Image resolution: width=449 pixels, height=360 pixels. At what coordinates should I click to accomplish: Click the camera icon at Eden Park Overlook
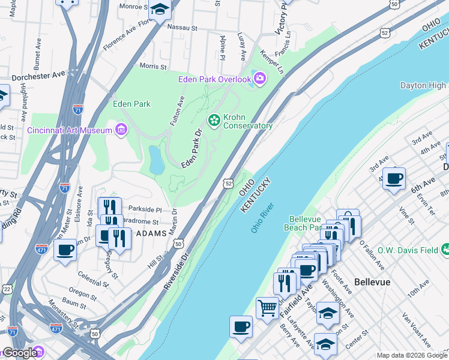click(x=260, y=78)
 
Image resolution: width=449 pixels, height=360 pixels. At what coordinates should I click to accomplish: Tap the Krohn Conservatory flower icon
click(x=213, y=121)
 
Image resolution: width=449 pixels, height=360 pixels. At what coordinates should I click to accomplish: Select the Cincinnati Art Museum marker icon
click(x=121, y=130)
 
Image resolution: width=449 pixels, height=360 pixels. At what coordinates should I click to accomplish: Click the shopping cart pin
click(x=267, y=308)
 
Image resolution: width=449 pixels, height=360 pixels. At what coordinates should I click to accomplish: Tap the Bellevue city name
click(x=372, y=281)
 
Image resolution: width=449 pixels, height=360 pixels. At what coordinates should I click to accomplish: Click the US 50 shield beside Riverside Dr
click(x=178, y=244)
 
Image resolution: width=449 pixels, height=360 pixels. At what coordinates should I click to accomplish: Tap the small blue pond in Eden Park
click(x=156, y=160)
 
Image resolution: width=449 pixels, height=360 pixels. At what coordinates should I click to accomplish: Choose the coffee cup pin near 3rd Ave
click(x=394, y=178)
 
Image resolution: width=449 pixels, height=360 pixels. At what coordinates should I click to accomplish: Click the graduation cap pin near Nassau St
click(x=160, y=10)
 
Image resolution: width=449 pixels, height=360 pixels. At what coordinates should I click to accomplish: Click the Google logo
click(x=20, y=353)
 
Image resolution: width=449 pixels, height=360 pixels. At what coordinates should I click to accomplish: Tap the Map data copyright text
click(x=412, y=355)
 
